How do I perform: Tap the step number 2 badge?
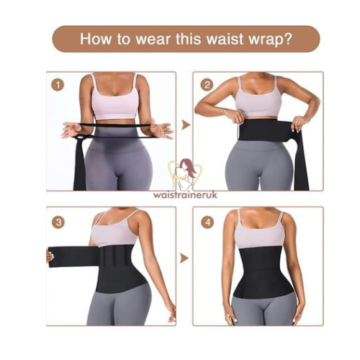tap(207, 85)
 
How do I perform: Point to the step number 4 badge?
tap(207, 221)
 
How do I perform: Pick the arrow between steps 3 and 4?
tap(184, 257)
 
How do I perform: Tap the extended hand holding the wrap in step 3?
tap(50, 256)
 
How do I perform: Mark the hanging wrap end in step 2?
tap(300, 162)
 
